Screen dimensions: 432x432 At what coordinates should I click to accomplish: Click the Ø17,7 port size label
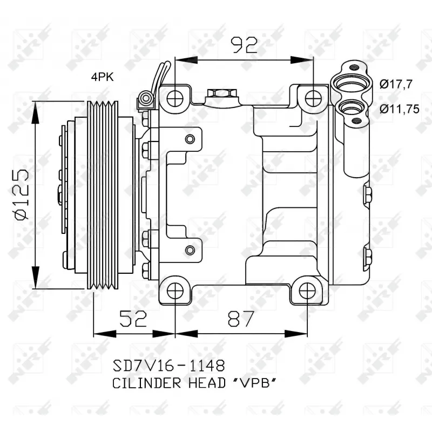pos(396,84)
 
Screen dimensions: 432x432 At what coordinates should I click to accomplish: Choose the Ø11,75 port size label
pos(399,109)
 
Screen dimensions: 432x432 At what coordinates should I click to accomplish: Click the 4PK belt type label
pos(102,77)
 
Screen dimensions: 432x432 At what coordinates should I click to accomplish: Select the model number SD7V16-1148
pos(168,366)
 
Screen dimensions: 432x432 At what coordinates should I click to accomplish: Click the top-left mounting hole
pos(175,99)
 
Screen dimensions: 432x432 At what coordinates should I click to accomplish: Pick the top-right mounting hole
pos(313,99)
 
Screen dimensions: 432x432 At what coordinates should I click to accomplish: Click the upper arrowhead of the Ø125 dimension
pos(36,107)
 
